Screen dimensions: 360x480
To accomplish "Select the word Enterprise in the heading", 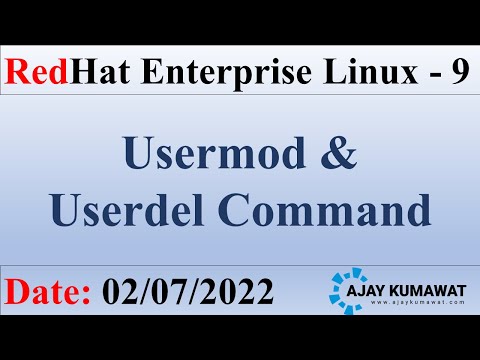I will (x=205, y=72).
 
